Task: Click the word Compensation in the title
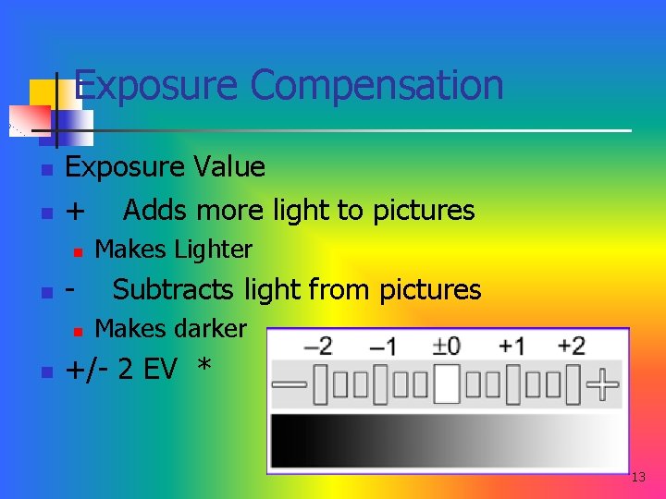pos(376,86)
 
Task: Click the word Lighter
pos(214,249)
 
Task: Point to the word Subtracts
pos(174,290)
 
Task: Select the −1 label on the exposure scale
pos(383,347)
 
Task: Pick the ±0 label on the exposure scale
pos(447,347)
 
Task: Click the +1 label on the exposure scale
pos(512,347)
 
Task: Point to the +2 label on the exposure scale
pos(572,347)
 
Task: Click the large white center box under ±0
pos(447,383)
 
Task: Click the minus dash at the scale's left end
pos(290,383)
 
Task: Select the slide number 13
pos(638,478)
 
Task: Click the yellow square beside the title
pos(42,92)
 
